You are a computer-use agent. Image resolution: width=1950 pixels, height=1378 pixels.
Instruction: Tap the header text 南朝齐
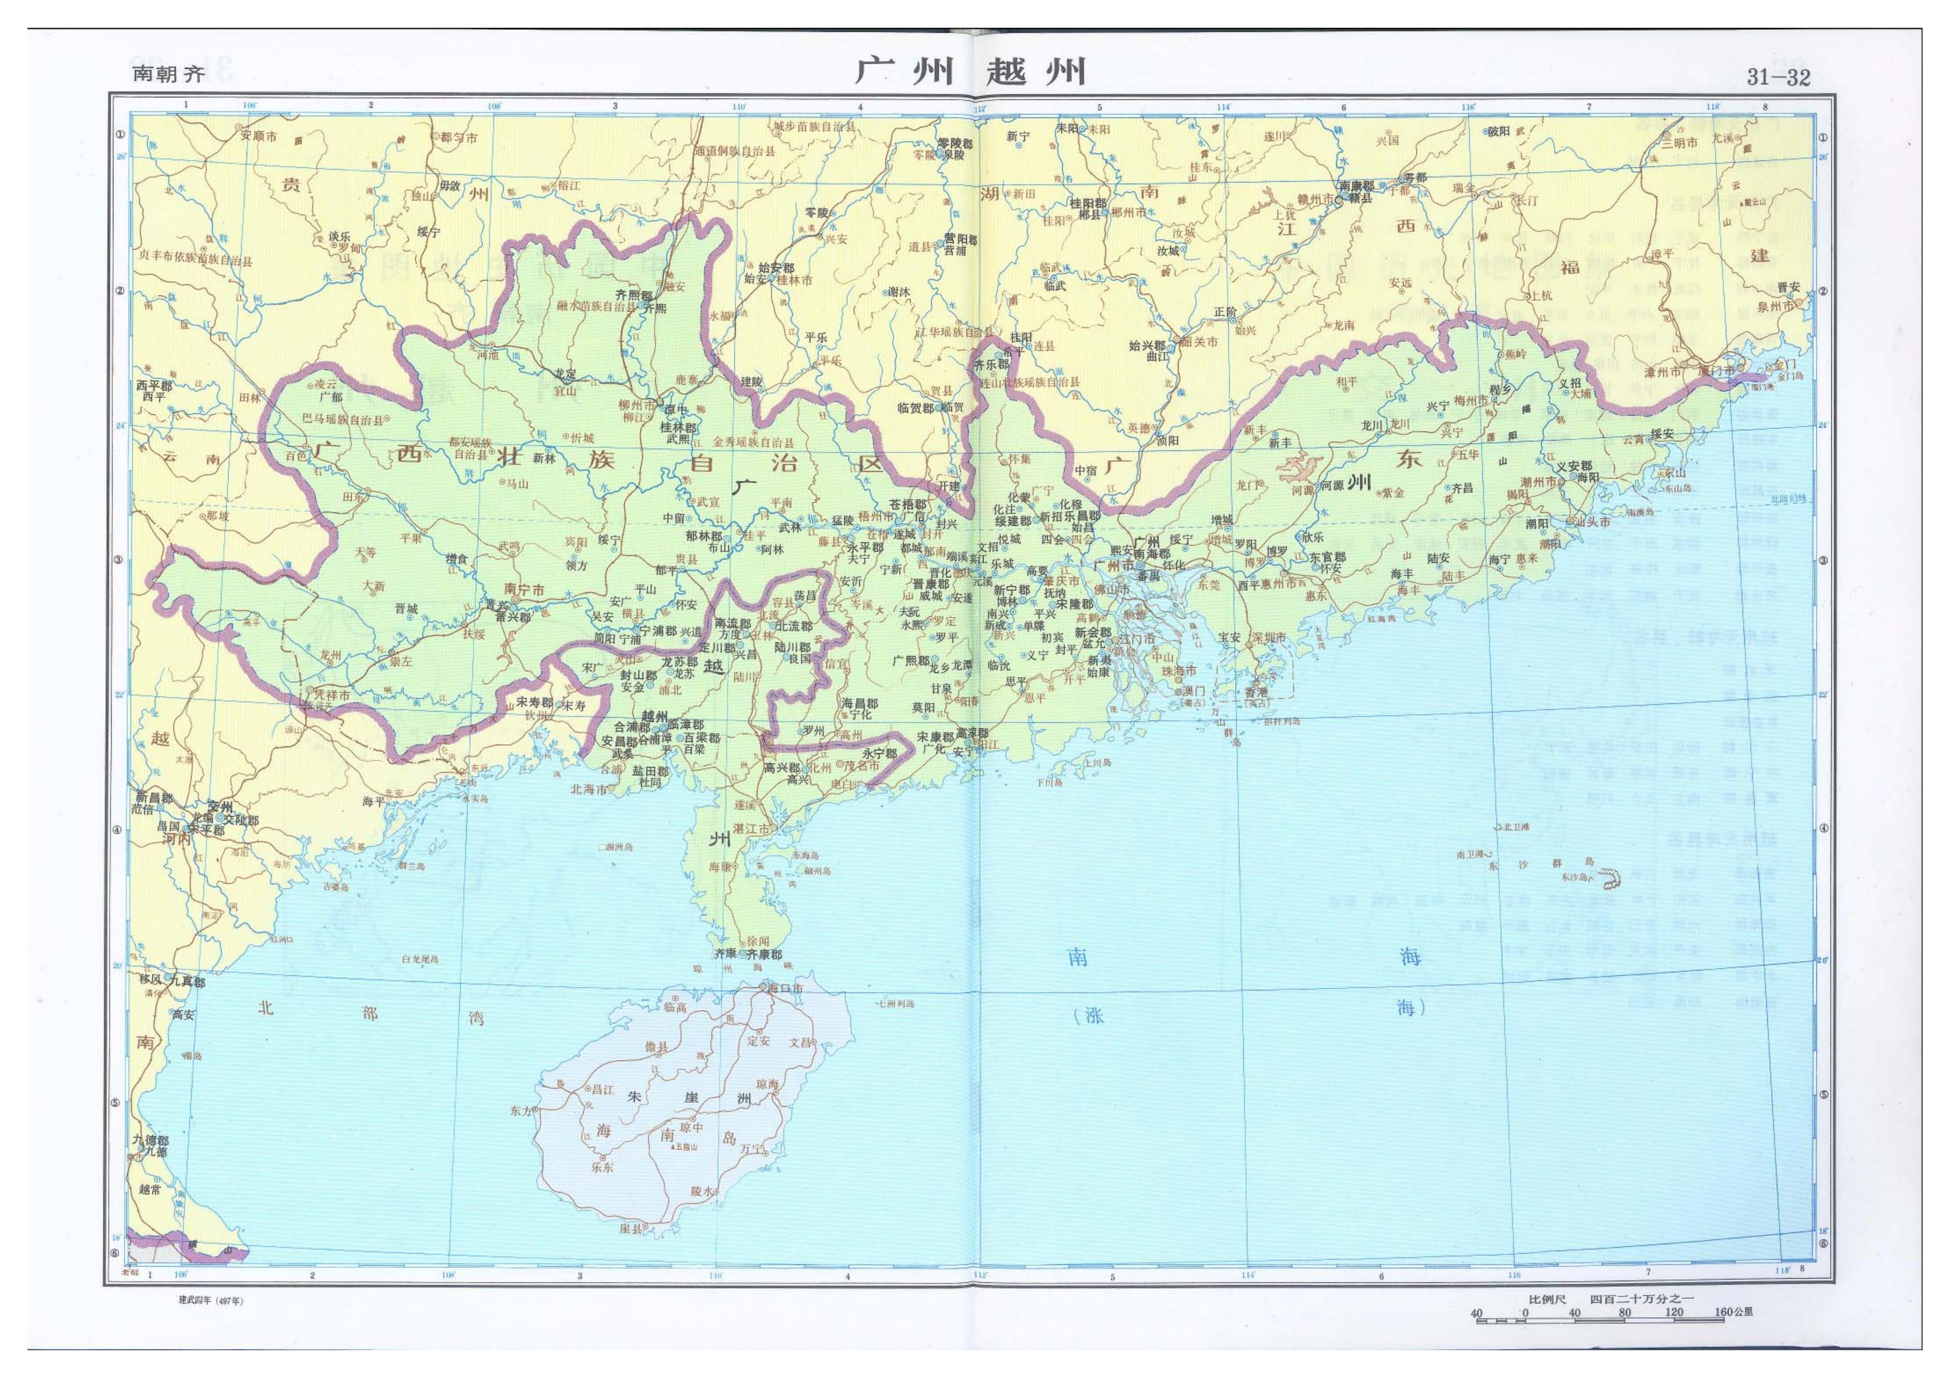pyautogui.click(x=169, y=74)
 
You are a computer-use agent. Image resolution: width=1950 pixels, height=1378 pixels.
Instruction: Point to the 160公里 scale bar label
pyautogui.click(x=1733, y=1312)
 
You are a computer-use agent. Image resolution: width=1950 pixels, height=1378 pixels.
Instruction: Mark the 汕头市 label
pyautogui.click(x=1593, y=522)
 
